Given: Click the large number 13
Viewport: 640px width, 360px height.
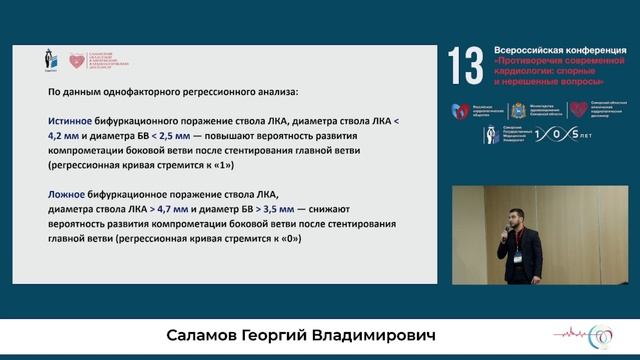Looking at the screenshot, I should (465, 66).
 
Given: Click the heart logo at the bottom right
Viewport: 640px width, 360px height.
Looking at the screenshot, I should (603, 337).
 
